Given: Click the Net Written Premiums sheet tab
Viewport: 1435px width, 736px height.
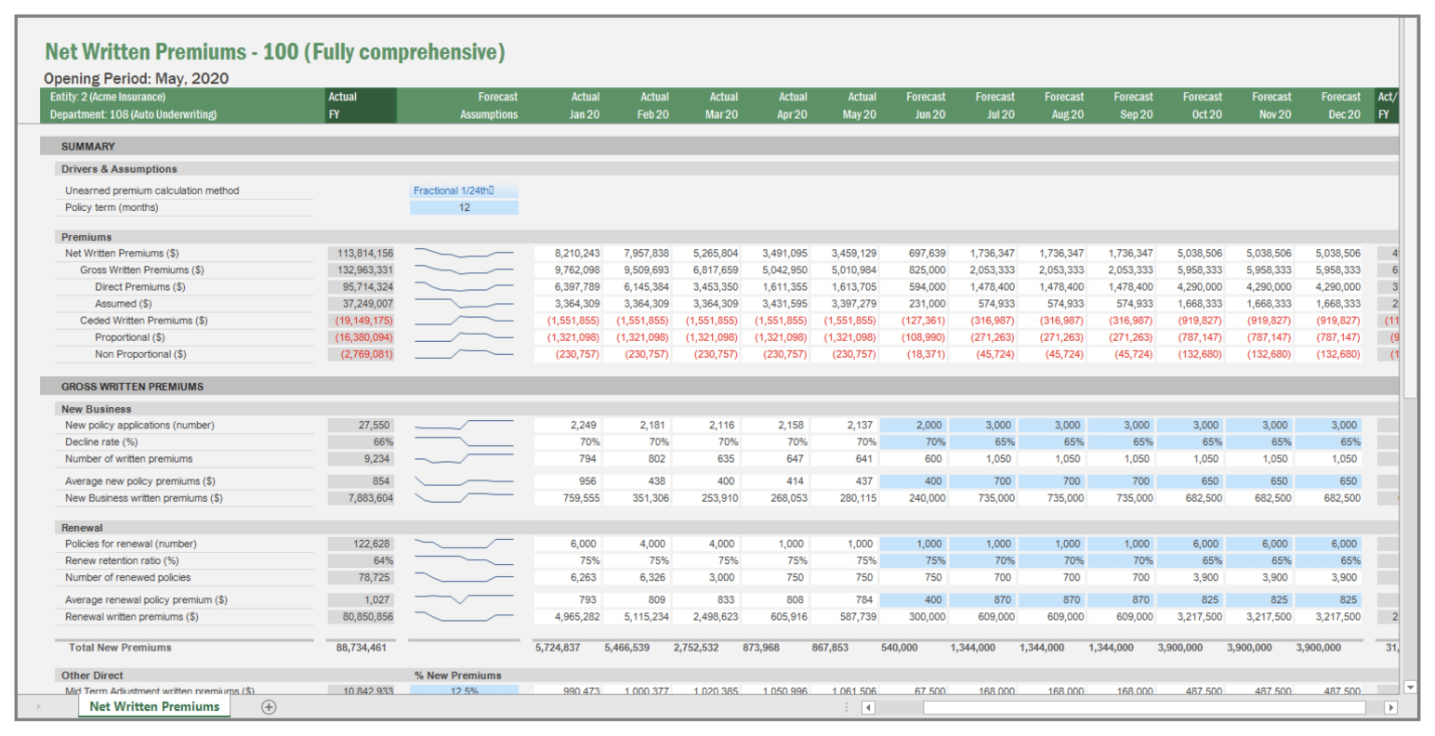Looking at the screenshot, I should point(154,706).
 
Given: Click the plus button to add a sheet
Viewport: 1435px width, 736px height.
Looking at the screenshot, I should point(269,707).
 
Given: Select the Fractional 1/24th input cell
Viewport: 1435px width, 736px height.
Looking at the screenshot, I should point(464,191).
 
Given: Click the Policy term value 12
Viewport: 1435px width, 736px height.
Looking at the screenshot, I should point(464,207).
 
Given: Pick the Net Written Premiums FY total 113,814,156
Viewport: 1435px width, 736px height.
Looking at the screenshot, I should point(362,253).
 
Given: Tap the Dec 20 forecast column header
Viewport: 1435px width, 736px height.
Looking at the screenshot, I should point(1340,105).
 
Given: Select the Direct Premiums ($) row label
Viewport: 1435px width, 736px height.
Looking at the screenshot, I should point(139,287).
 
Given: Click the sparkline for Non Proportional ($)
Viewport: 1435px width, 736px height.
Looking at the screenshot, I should point(464,354).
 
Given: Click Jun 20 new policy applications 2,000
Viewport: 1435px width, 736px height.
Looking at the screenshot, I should point(927,425).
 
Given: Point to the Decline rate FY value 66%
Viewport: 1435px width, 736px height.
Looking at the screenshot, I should point(362,442).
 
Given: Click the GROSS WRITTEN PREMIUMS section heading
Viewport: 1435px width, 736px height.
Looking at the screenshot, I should point(132,387).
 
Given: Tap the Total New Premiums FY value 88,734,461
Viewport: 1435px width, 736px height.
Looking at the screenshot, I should point(362,648).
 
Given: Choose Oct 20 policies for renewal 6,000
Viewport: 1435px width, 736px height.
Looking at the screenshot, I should point(1203,544).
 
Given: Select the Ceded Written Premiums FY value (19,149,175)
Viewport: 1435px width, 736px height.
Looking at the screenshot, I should point(362,321).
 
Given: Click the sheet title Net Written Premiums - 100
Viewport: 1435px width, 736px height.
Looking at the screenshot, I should point(274,52).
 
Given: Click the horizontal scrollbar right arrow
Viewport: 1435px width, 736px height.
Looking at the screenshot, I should point(1391,707).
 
